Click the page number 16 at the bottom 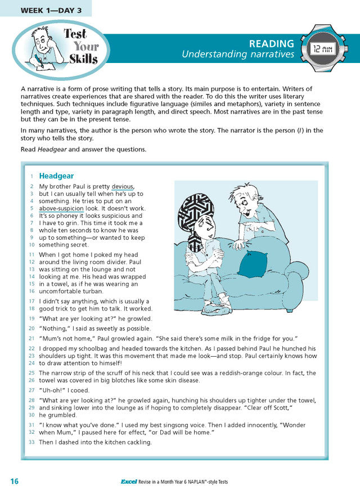point(15,481)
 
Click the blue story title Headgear point(56,176)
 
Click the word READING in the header point(272,43)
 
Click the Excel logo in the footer point(130,482)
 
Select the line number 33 point(31,443)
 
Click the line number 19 point(31,318)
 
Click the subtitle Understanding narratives point(237,55)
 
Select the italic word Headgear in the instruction point(51,149)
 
